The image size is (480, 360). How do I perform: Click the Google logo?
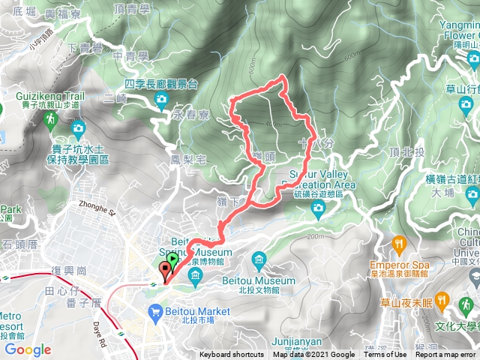[26, 349]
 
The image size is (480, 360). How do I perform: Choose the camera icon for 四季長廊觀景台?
[160, 100]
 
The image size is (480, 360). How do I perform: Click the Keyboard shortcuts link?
[231, 355]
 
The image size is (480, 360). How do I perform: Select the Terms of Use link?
[388, 355]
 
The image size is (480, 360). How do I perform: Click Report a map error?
[447, 355]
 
